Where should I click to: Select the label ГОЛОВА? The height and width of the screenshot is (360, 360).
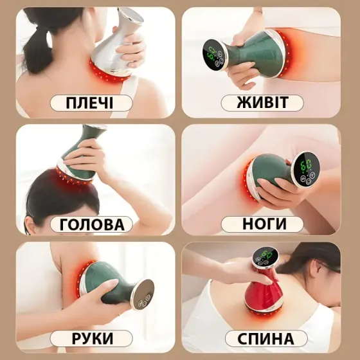click(92, 224)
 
